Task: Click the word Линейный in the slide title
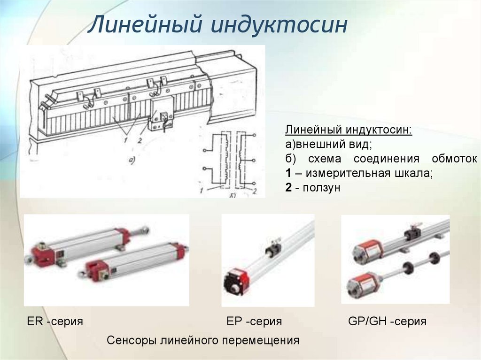tap(145, 24)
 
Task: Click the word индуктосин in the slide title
tap(279, 24)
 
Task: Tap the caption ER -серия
tap(55, 322)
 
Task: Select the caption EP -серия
tap(254, 322)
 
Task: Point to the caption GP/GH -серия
tap(387, 322)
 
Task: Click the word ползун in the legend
tap(321, 188)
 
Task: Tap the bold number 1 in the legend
tap(288, 173)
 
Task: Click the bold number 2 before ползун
tap(288, 187)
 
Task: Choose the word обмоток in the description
tap(454, 159)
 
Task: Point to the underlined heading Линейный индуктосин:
tap(349, 130)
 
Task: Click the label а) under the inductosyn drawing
tap(132, 160)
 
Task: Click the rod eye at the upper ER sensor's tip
tap(145, 230)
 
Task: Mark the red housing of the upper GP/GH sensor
tap(368, 249)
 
